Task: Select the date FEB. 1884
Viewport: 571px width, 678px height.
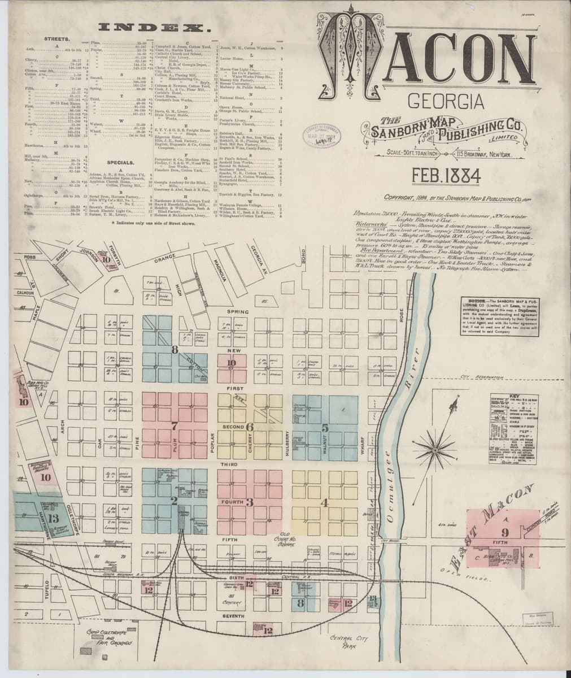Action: pos(446,177)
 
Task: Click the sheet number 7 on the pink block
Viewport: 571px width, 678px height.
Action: pos(175,426)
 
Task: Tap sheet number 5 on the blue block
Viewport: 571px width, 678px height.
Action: pos(325,427)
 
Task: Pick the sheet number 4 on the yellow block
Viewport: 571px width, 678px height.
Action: pos(324,502)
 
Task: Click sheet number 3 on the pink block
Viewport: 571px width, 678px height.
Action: pos(249,502)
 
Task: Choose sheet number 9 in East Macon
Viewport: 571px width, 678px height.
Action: pos(504,532)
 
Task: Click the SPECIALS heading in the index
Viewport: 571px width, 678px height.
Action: pos(120,162)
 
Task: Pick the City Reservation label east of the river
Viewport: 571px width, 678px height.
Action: pos(482,377)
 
